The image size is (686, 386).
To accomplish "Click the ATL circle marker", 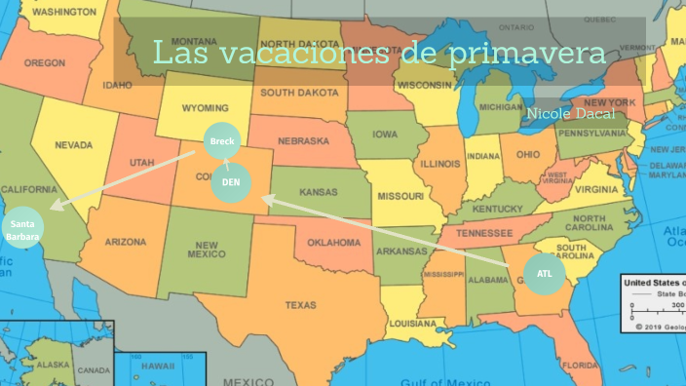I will (544, 273).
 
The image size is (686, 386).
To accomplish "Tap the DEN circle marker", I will (230, 182).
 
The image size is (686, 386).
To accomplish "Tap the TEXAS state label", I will (300, 305).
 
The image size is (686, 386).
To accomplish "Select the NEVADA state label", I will (73, 145).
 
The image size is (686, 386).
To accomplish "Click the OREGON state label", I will (44, 62).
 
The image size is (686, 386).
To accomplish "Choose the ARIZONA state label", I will (126, 242).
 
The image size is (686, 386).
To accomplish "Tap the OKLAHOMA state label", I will (334, 242).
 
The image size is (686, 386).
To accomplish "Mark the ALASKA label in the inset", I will (54, 365).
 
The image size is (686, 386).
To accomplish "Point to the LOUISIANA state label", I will (412, 323).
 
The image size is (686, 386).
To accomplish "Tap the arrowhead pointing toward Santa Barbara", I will (55, 206).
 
